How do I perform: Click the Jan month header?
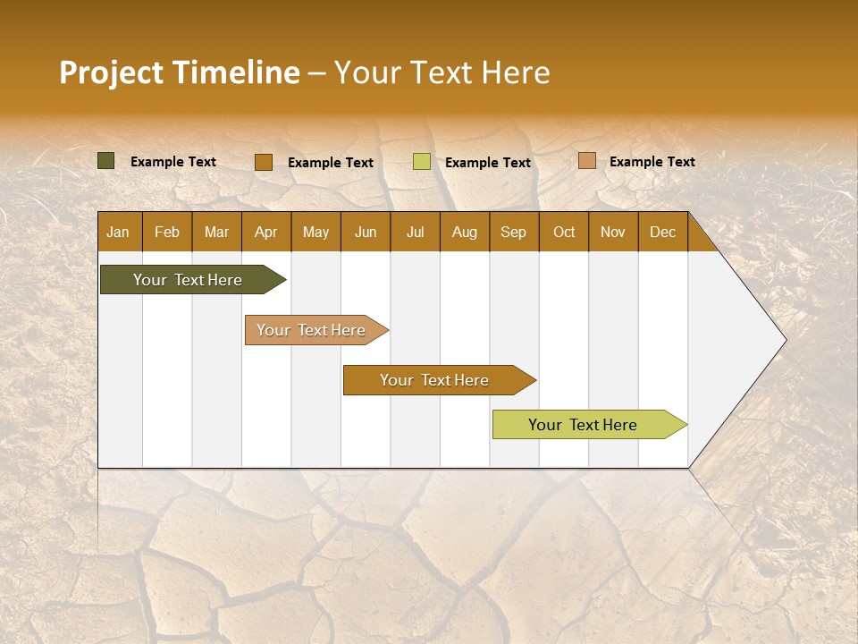tap(118, 233)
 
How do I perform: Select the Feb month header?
tap(167, 233)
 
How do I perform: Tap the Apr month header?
tap(265, 233)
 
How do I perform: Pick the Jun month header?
tap(366, 233)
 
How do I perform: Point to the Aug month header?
tap(464, 233)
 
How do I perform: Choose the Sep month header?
tap(513, 233)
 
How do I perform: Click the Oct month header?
tap(564, 233)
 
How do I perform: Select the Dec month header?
tap(662, 233)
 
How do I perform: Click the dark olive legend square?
tap(106, 161)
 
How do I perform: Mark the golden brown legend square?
tap(264, 162)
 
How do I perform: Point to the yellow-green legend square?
tap(422, 162)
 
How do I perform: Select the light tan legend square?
tap(587, 161)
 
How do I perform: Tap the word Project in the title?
tap(111, 72)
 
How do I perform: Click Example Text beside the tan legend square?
tap(652, 162)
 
